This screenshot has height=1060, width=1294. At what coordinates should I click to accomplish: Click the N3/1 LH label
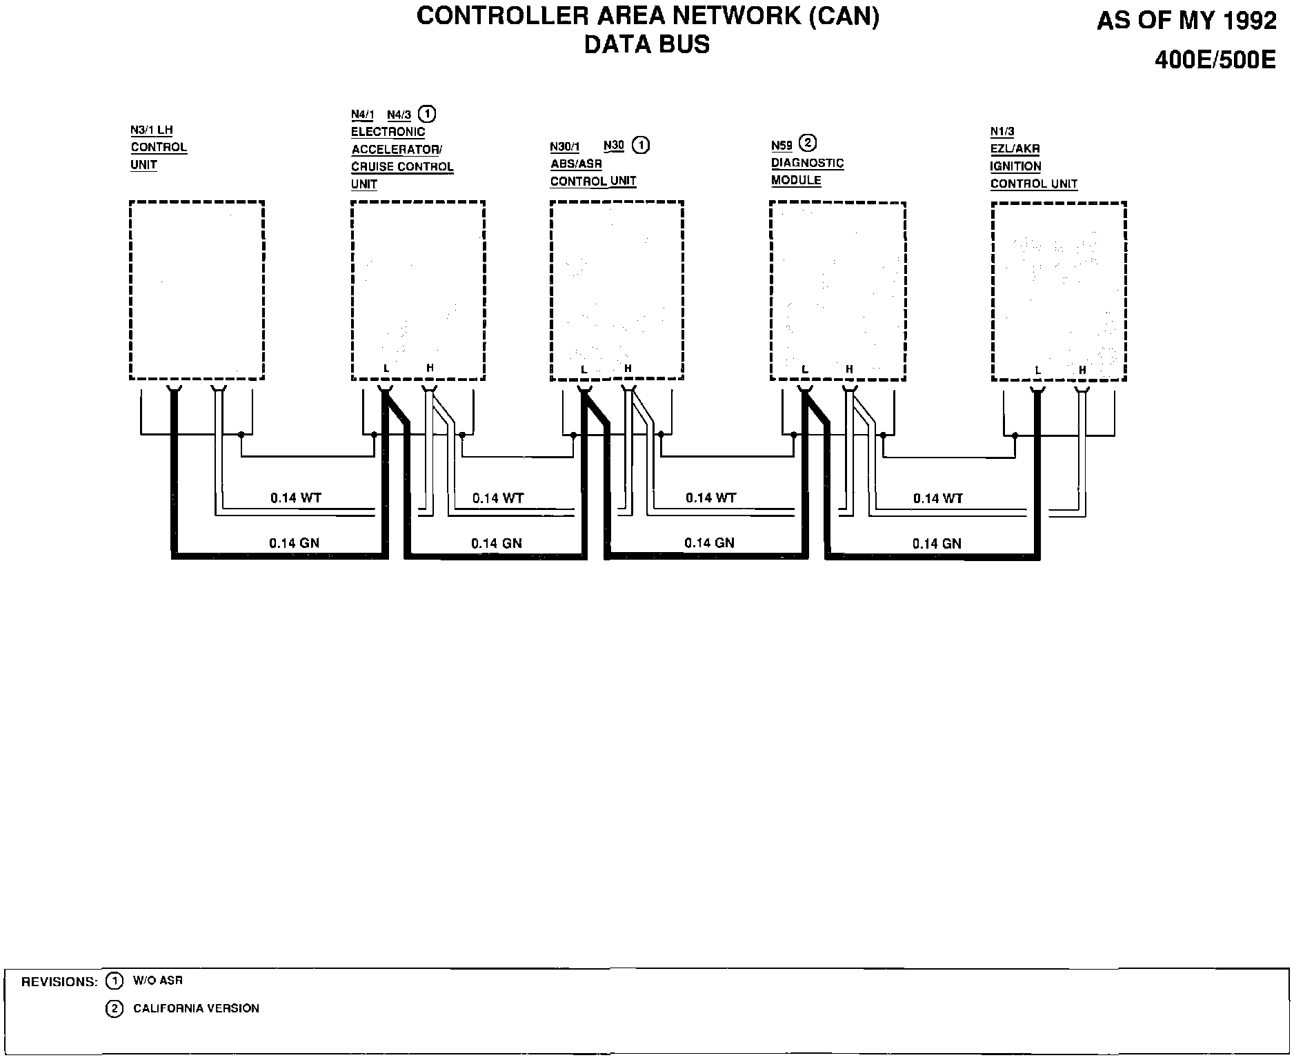click(152, 130)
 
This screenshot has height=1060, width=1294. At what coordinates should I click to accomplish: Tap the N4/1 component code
click(362, 115)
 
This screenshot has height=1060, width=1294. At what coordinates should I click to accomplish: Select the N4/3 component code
click(399, 115)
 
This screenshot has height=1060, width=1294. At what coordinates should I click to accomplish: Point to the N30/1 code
click(565, 146)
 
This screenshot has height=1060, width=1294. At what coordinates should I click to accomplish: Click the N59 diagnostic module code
click(782, 146)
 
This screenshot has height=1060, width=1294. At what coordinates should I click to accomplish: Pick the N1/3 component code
click(1002, 131)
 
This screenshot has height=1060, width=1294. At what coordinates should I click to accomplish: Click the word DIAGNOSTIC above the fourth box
click(807, 163)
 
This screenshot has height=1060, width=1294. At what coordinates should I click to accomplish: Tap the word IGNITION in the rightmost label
click(1015, 166)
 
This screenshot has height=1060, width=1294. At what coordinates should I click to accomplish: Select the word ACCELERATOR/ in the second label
click(397, 149)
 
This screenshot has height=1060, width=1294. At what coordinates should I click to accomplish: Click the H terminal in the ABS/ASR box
click(628, 369)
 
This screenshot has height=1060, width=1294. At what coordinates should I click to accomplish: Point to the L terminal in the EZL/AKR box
click(1038, 371)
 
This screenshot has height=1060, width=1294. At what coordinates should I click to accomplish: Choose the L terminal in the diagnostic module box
click(805, 370)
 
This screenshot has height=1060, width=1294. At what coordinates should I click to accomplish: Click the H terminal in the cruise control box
click(430, 369)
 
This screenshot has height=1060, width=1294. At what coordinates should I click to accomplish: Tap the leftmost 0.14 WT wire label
click(295, 498)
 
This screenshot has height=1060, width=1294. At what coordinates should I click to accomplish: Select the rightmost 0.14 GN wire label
click(936, 544)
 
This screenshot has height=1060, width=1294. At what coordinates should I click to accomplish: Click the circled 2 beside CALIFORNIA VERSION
click(114, 1009)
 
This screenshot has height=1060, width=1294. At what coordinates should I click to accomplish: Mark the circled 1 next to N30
click(641, 146)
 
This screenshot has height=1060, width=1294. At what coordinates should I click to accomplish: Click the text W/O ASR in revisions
click(157, 981)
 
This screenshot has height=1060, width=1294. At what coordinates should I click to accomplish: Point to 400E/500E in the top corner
click(1215, 61)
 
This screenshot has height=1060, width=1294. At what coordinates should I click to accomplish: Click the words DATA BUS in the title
click(646, 44)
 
